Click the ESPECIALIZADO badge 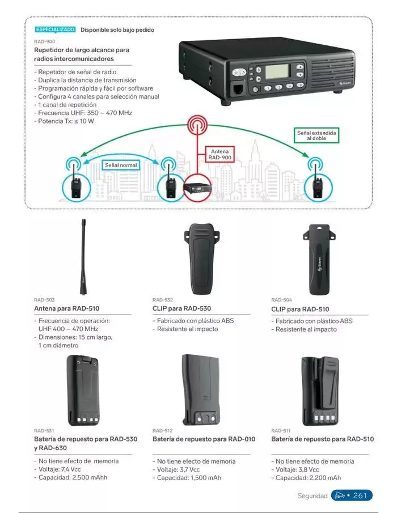[55, 29]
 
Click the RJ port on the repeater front [238, 89]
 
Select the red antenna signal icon [197, 126]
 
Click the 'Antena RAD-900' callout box [219, 155]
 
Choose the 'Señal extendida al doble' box [316, 135]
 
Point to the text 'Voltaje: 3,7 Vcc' [178, 470]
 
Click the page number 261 [360, 495]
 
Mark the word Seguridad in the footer [312, 496]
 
